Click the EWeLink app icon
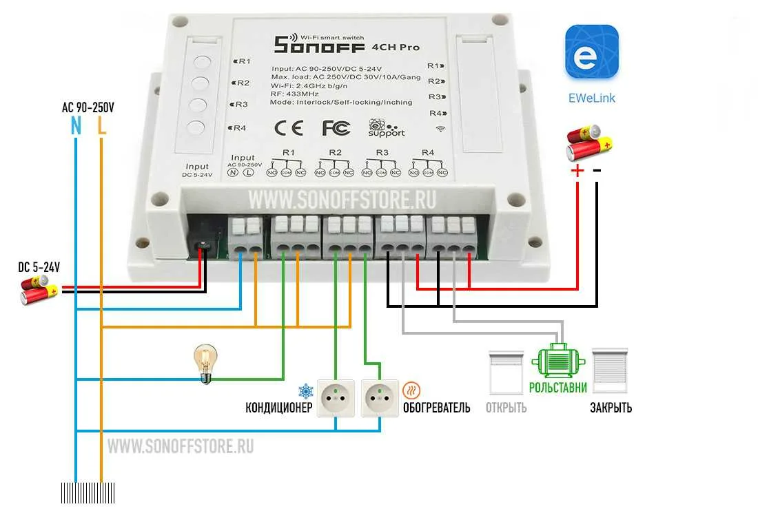click(x=591, y=53)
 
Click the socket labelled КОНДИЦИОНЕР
click(x=335, y=398)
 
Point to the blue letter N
click(x=76, y=125)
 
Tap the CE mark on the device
click(x=288, y=127)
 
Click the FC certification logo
click(x=336, y=127)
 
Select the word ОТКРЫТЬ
click(x=506, y=408)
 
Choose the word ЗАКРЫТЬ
click(x=610, y=408)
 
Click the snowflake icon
click(x=305, y=390)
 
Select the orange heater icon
click(x=411, y=390)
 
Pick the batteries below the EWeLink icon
click(x=588, y=141)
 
